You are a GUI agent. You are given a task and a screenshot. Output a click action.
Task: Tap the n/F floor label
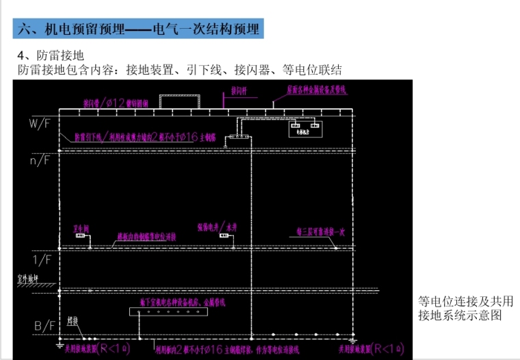tap(38, 161)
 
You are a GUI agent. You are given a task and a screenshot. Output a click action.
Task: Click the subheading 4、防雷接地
tap(55, 55)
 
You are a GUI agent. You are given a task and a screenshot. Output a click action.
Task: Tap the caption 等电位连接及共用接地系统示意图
tap(465, 308)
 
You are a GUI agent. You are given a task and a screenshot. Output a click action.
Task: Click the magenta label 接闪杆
tap(240, 90)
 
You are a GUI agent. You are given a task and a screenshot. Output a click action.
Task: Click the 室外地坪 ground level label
tap(26, 279)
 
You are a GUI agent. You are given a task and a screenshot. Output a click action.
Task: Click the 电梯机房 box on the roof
tap(304, 129)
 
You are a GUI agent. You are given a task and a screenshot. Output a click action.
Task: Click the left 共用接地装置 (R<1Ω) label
tap(95, 349)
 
